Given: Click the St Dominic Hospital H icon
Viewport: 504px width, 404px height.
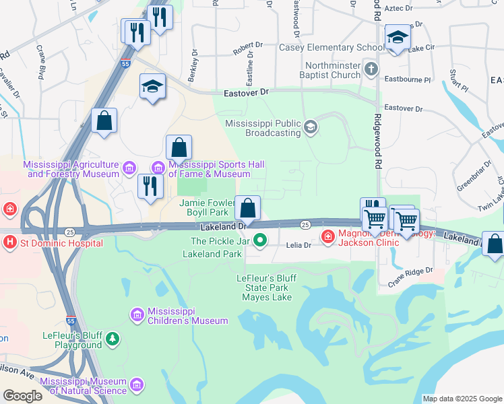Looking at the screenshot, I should coord(10,241).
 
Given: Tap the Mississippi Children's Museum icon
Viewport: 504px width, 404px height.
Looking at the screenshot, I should coord(137,314).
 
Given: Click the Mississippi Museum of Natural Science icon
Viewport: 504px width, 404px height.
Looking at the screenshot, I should coord(137,384).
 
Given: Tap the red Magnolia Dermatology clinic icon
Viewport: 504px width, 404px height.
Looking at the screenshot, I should coord(327,236).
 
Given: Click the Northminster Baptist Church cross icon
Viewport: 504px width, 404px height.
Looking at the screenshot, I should coord(371,69).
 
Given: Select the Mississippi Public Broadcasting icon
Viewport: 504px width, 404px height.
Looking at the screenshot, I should coord(310,127).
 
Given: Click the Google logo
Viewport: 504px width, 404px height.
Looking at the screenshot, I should coord(22,396).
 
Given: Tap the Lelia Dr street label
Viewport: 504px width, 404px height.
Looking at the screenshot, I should coord(298,246).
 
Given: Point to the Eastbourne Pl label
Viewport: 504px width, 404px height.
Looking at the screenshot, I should coord(407,79).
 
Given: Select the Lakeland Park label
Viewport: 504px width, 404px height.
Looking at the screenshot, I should coord(212,255).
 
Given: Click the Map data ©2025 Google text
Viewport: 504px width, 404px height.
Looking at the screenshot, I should coord(462,399).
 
